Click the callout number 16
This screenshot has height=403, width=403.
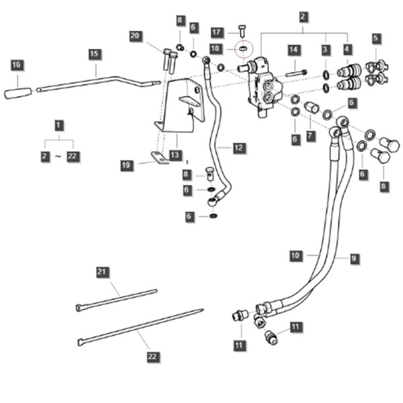click(16, 64)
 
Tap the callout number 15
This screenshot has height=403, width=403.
click(95, 54)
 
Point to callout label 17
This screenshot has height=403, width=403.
click(216, 33)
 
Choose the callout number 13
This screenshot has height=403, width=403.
click(175, 155)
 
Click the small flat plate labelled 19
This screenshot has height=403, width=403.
click(159, 157)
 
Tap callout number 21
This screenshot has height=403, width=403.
click(102, 273)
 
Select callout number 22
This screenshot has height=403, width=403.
click(152, 357)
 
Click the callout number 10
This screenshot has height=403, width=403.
click(296, 256)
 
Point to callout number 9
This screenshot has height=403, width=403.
click(354, 259)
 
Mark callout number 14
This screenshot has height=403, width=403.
click(294, 50)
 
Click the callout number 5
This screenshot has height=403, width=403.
click(375, 38)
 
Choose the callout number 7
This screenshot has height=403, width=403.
click(310, 136)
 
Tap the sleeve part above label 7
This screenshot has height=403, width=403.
click(312, 107)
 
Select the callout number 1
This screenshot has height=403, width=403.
click(58, 125)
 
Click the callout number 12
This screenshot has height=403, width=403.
click(238, 148)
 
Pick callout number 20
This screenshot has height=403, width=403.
click(135, 36)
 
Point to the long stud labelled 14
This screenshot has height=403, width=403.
click(296, 74)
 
